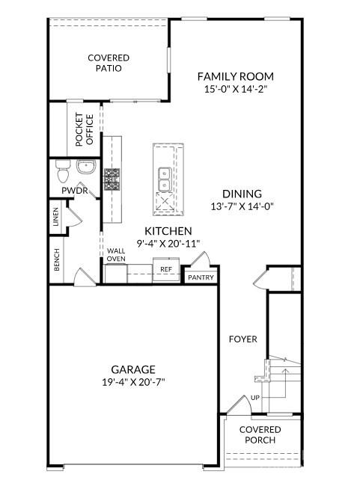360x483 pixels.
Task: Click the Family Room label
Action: [235, 76]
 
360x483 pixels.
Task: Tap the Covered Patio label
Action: [109, 63]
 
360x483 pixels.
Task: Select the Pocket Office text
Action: [83, 129]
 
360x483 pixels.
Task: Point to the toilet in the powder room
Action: [63, 171]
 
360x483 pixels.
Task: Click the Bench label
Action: [57, 260]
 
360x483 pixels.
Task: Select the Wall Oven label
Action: [115, 256]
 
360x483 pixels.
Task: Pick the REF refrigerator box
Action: [165, 269]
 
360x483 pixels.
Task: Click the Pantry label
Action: [201, 278]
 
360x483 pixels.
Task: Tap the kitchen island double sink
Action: [163, 179]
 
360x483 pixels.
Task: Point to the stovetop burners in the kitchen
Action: [112, 179]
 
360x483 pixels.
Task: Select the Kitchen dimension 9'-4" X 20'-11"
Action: [168, 244]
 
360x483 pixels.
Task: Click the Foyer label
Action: [243, 339]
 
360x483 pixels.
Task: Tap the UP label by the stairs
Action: [256, 398]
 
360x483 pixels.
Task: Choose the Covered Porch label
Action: [260, 434]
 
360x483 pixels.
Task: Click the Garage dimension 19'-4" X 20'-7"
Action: [133, 381]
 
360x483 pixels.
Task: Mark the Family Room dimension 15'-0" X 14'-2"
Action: [235, 89]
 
